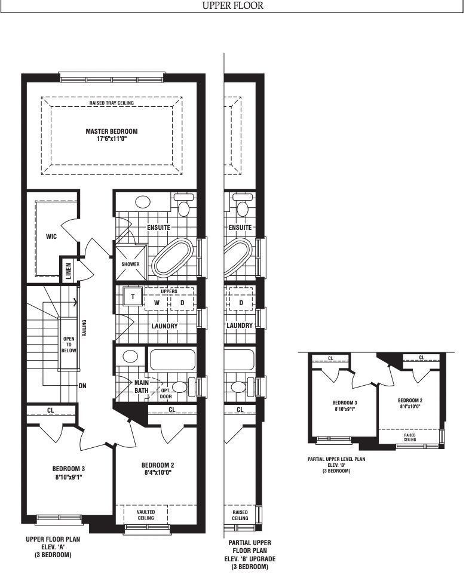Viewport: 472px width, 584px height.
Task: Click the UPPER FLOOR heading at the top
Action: click(x=232, y=5)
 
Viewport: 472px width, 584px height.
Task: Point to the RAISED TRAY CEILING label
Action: click(x=111, y=103)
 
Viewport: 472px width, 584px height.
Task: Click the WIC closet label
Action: click(x=51, y=236)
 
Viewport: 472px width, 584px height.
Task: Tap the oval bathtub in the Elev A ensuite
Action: click(x=172, y=257)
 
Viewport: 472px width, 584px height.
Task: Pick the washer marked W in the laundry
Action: click(x=157, y=303)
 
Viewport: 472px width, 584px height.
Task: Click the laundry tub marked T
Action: click(x=133, y=296)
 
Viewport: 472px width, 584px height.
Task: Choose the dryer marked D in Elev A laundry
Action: click(x=182, y=303)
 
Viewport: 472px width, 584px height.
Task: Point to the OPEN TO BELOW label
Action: click(x=69, y=345)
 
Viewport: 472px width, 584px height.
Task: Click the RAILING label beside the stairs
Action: click(x=84, y=328)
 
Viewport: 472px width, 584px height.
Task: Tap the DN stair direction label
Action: click(x=82, y=386)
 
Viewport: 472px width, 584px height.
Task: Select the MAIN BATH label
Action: click(x=142, y=386)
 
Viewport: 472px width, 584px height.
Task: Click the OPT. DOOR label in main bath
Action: click(x=165, y=394)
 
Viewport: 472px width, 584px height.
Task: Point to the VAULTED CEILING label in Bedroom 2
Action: click(x=146, y=515)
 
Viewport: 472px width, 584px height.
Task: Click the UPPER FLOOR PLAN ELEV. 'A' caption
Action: click(x=53, y=547)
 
